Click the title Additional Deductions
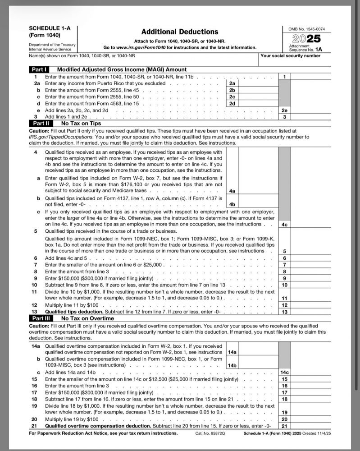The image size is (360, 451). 180,32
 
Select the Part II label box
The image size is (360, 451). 41,123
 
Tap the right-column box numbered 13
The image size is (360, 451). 284,312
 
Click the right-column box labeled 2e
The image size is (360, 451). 284,110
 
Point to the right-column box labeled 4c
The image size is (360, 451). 284,224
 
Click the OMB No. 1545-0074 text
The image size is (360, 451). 306,29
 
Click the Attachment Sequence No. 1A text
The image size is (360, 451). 306,48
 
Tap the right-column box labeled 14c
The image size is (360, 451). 284,373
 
